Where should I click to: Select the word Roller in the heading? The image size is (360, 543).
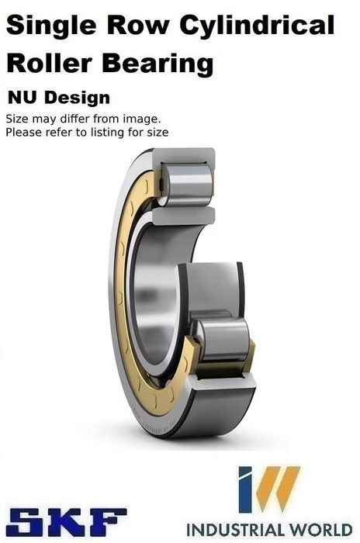(49, 64)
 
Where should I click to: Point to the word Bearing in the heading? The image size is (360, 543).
(157, 65)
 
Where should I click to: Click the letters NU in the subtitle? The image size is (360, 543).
(22, 98)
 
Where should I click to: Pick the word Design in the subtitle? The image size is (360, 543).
(77, 99)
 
